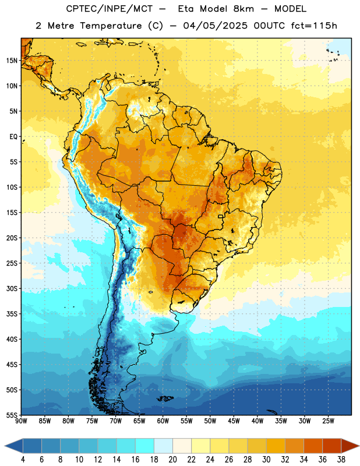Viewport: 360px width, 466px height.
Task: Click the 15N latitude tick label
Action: [x=12, y=61]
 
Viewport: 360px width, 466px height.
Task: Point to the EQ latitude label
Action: [x=13, y=137]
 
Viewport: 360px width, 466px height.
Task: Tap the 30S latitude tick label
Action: [x=12, y=289]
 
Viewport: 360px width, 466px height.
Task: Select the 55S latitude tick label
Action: [x=12, y=415]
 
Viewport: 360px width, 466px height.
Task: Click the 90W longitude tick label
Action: [x=21, y=421]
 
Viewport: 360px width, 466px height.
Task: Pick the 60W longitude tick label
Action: [x=163, y=421]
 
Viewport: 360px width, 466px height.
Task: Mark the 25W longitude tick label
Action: [x=328, y=421]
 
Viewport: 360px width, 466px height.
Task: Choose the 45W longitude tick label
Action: [x=234, y=421]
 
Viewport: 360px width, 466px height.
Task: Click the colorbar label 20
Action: [x=172, y=460]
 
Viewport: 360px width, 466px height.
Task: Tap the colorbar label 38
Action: [x=341, y=460]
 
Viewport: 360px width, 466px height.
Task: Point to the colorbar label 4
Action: [x=23, y=460]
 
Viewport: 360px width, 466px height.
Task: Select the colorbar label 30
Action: [x=266, y=460]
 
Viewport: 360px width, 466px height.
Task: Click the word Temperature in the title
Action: [x=111, y=26]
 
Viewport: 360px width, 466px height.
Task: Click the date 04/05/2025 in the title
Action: [x=215, y=26]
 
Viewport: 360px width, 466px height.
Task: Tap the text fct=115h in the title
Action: [x=314, y=26]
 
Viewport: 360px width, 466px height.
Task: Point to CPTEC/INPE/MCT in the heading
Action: [x=110, y=9]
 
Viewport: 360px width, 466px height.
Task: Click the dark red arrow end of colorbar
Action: [x=350, y=446]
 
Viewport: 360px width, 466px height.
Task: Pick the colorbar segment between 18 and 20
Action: [x=163, y=446]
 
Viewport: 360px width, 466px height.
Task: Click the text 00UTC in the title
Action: [x=269, y=26]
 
